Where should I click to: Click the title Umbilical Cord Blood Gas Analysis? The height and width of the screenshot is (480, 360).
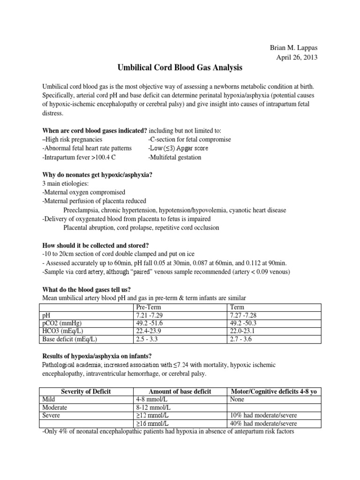coord(180,68)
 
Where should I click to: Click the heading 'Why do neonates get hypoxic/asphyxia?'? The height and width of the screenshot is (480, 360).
coord(97,175)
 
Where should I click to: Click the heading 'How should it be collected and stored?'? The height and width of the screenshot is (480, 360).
coord(96,246)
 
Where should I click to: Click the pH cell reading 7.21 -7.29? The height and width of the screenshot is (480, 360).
coord(150,316)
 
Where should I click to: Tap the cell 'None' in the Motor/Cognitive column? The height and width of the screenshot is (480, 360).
coord(238,399)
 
